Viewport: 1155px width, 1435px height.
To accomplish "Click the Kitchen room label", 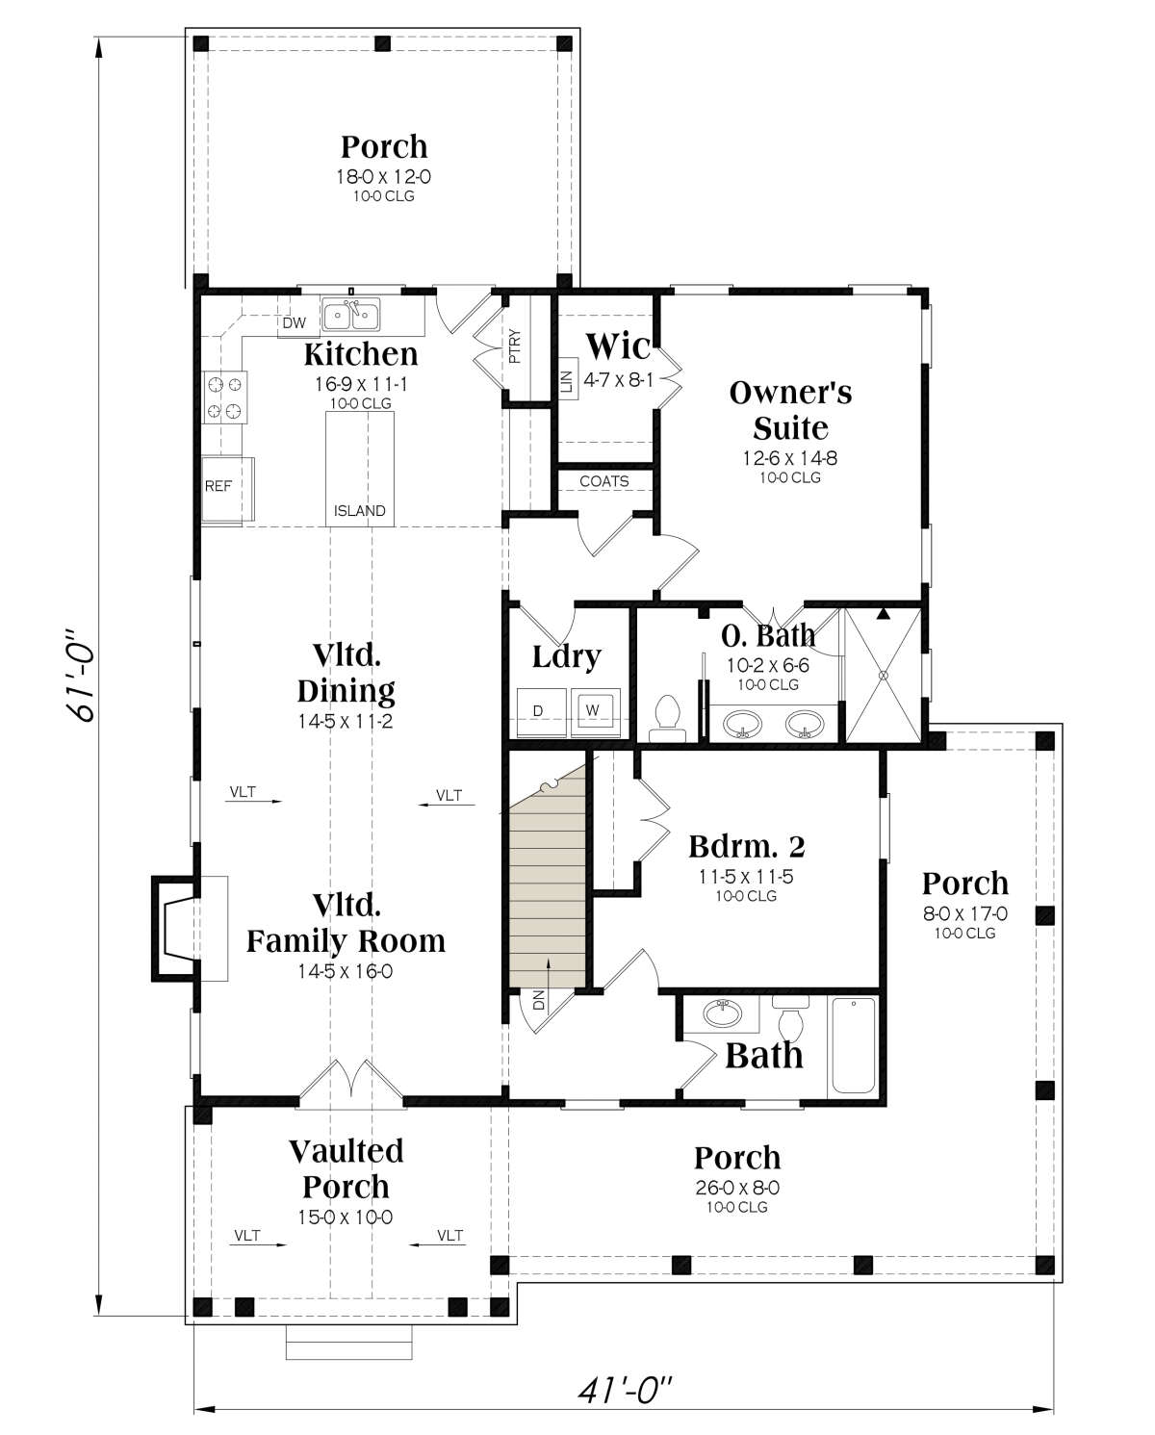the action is click(361, 354).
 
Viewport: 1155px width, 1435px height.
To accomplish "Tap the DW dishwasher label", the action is click(294, 323).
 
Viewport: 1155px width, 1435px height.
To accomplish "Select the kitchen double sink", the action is click(350, 315).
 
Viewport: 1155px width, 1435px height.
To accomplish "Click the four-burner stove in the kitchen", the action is click(224, 397).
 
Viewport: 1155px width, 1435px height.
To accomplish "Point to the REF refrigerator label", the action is click(218, 487).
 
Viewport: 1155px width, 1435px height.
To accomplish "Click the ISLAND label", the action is click(359, 511).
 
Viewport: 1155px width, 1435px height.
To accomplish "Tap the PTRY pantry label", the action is click(516, 346).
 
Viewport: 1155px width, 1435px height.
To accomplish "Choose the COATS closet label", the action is click(604, 481).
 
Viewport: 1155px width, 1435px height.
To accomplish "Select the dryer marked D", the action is click(542, 712).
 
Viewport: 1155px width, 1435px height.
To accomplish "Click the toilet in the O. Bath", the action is click(668, 719).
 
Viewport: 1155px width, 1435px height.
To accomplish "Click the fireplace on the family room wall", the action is click(175, 928).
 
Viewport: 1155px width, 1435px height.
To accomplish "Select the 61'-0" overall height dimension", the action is click(81, 676).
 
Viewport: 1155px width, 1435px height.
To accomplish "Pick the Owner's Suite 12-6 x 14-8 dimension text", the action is click(790, 458).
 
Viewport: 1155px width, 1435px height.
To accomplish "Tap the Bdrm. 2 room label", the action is click(747, 847).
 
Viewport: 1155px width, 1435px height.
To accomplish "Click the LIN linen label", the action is click(567, 382).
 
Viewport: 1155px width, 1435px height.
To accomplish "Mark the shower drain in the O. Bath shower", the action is click(884, 676).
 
